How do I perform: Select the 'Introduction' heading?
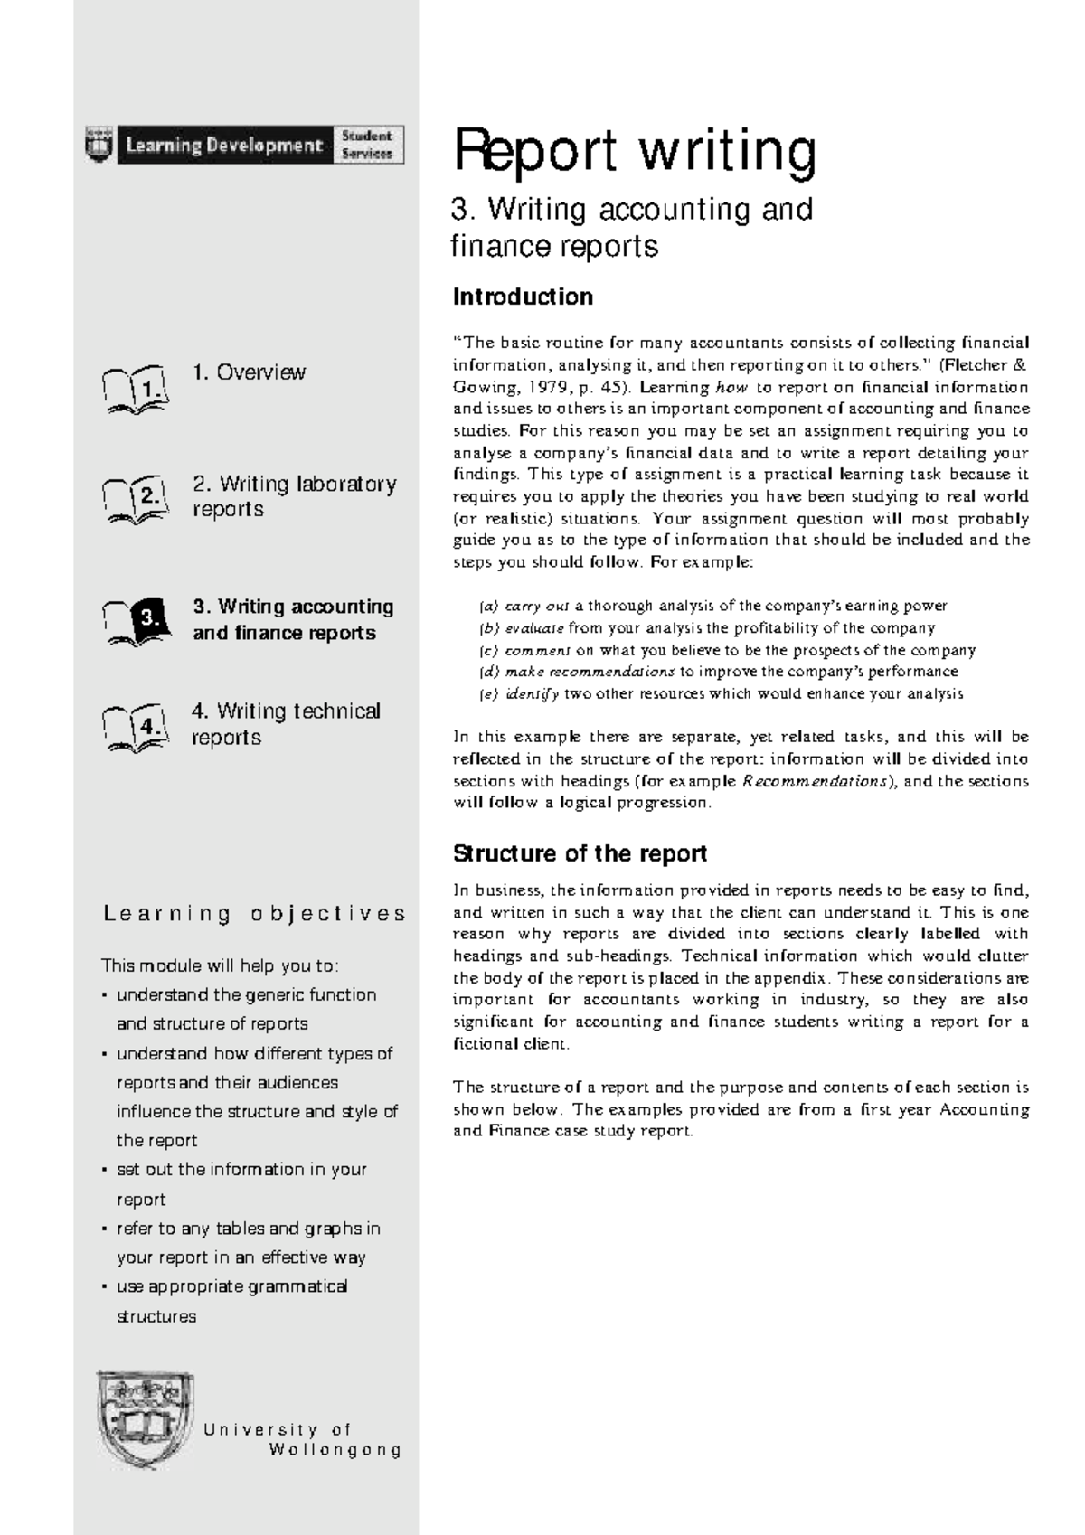tap(523, 297)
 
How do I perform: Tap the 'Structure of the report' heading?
tap(580, 853)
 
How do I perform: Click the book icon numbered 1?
tap(135, 390)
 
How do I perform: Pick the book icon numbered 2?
tap(135, 497)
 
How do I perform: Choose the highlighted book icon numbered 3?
tap(136, 620)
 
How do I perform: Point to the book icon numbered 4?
tap(135, 726)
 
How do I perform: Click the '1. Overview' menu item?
tap(249, 372)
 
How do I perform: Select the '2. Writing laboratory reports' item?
tap(294, 496)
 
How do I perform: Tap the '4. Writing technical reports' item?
tap(286, 724)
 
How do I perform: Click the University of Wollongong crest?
tap(145, 1427)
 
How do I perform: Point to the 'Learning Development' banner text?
tap(224, 145)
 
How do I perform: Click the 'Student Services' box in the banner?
tap(367, 145)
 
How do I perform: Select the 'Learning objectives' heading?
tap(254, 914)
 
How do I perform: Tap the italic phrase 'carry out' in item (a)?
tap(537, 606)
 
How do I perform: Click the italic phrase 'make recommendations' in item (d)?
tap(590, 672)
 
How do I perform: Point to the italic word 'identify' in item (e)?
tap(532, 694)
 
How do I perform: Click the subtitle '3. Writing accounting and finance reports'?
tap(632, 227)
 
